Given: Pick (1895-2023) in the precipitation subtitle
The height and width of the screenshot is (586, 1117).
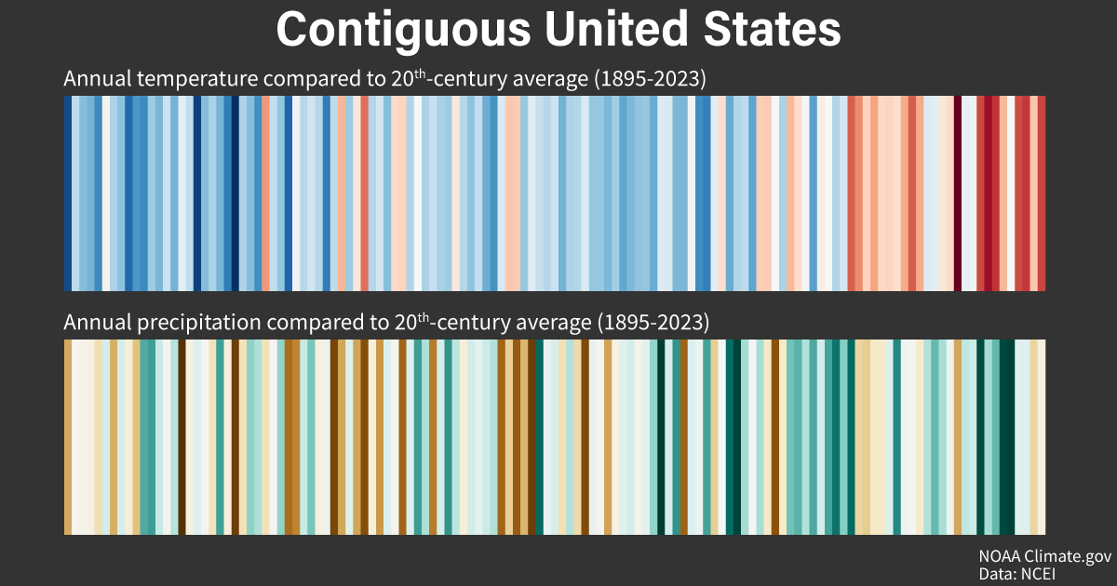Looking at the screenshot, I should [x=654, y=324].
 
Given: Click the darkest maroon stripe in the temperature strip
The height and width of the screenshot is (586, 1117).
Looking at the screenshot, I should [x=957, y=193].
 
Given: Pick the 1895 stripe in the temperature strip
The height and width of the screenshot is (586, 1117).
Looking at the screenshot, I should [x=68, y=193].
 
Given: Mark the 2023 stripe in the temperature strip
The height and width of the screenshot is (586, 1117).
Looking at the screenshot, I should [x=1042, y=193].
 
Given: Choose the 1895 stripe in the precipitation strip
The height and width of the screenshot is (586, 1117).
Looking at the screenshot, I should [x=68, y=437].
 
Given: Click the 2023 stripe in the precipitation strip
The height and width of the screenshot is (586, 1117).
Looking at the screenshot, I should [x=1042, y=437].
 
